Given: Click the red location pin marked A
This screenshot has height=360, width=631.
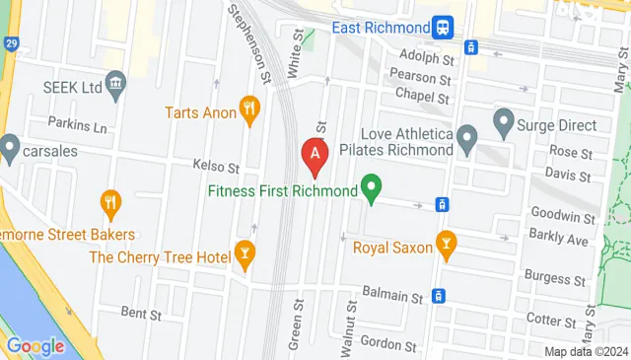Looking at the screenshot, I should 315,155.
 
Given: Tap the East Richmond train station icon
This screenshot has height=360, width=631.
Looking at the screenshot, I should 444,27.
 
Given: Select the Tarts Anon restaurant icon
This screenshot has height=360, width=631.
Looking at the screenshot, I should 250,111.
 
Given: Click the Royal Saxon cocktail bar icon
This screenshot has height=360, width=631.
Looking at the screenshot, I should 446,247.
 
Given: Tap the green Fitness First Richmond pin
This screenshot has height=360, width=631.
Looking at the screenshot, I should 372,187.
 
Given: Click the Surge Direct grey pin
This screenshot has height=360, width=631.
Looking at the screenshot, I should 504,125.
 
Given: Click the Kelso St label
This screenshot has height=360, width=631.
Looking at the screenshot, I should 216,168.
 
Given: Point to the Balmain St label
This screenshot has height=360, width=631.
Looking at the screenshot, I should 391,295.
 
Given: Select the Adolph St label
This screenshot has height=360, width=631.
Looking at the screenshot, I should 425,55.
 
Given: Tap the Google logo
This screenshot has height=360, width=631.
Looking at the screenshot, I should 35,346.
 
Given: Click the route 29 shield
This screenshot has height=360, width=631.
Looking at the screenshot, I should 10,46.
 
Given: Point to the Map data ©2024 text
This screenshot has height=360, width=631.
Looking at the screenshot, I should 586,352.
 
